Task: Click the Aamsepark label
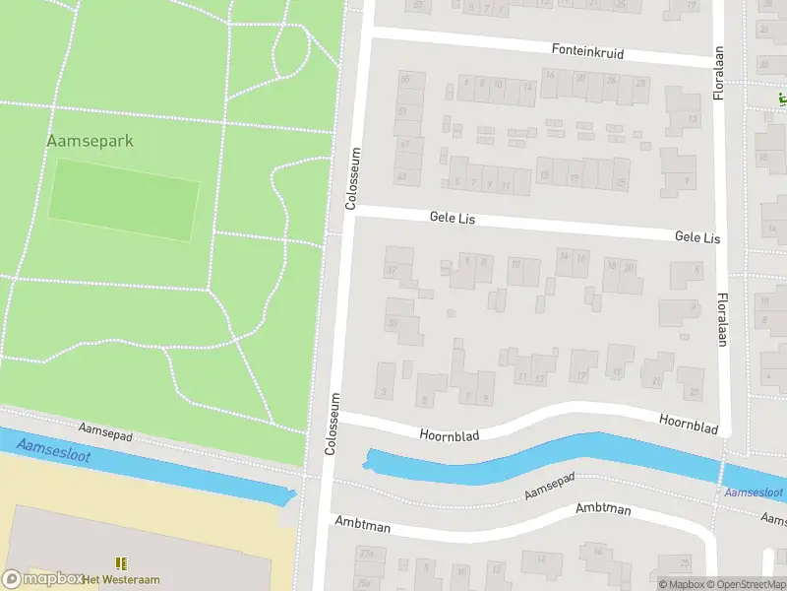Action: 90,141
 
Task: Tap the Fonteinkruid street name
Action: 587,50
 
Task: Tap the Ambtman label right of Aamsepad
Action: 603,510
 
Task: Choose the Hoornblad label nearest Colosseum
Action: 449,434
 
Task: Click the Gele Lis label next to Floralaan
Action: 696,238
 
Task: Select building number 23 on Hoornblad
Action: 695,392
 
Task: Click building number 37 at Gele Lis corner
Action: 392,270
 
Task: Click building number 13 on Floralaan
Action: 693,119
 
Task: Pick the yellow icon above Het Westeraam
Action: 121,562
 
